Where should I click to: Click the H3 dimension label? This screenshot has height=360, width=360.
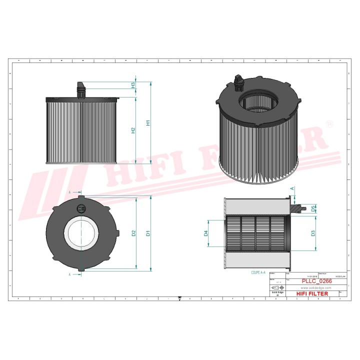pyautogui.click(x=133, y=85)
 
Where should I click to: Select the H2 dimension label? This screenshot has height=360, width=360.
pyautogui.click(x=133, y=130)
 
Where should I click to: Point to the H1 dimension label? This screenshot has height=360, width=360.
pyautogui.click(x=147, y=122)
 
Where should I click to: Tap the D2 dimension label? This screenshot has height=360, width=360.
pyautogui.click(x=133, y=233)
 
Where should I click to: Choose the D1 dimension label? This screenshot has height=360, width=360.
pyautogui.click(x=147, y=233)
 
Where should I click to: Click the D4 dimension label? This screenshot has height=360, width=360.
pyautogui.click(x=205, y=233)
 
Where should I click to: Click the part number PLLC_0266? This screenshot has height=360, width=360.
pyautogui.click(x=316, y=281)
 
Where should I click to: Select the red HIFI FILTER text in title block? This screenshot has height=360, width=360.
pyautogui.click(x=312, y=293)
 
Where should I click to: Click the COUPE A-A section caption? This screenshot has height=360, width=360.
pyautogui.click(x=258, y=273)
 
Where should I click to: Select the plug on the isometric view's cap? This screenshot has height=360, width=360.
pyautogui.click(x=237, y=79)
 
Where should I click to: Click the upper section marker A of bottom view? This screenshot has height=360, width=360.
pyautogui.click(x=69, y=191)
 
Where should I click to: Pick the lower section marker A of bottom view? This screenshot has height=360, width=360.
pyautogui.click(x=69, y=274)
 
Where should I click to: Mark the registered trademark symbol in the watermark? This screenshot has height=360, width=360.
pyautogui.click(x=329, y=123)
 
